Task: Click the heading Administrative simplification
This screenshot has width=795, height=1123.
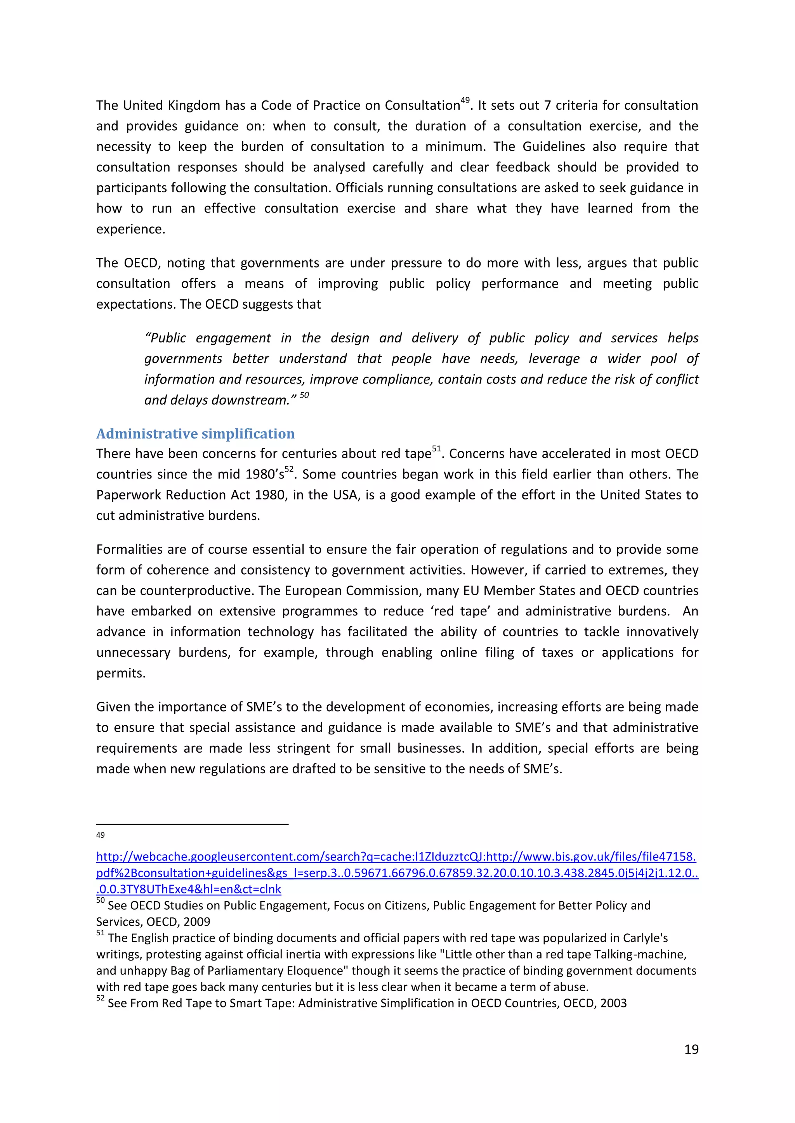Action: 195,434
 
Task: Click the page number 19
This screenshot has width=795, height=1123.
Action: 691,1049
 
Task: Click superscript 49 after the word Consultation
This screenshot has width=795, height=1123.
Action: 465,100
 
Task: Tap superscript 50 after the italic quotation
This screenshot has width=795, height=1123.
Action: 304,395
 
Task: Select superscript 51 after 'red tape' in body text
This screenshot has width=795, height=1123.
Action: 436,449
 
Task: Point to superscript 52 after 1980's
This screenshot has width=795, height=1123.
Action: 289,469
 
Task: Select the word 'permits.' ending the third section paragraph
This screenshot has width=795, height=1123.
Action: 121,673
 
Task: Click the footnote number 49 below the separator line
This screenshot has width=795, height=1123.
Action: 101,835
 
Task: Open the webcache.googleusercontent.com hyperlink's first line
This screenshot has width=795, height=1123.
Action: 396,857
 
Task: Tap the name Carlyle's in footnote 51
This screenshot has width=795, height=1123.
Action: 645,938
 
